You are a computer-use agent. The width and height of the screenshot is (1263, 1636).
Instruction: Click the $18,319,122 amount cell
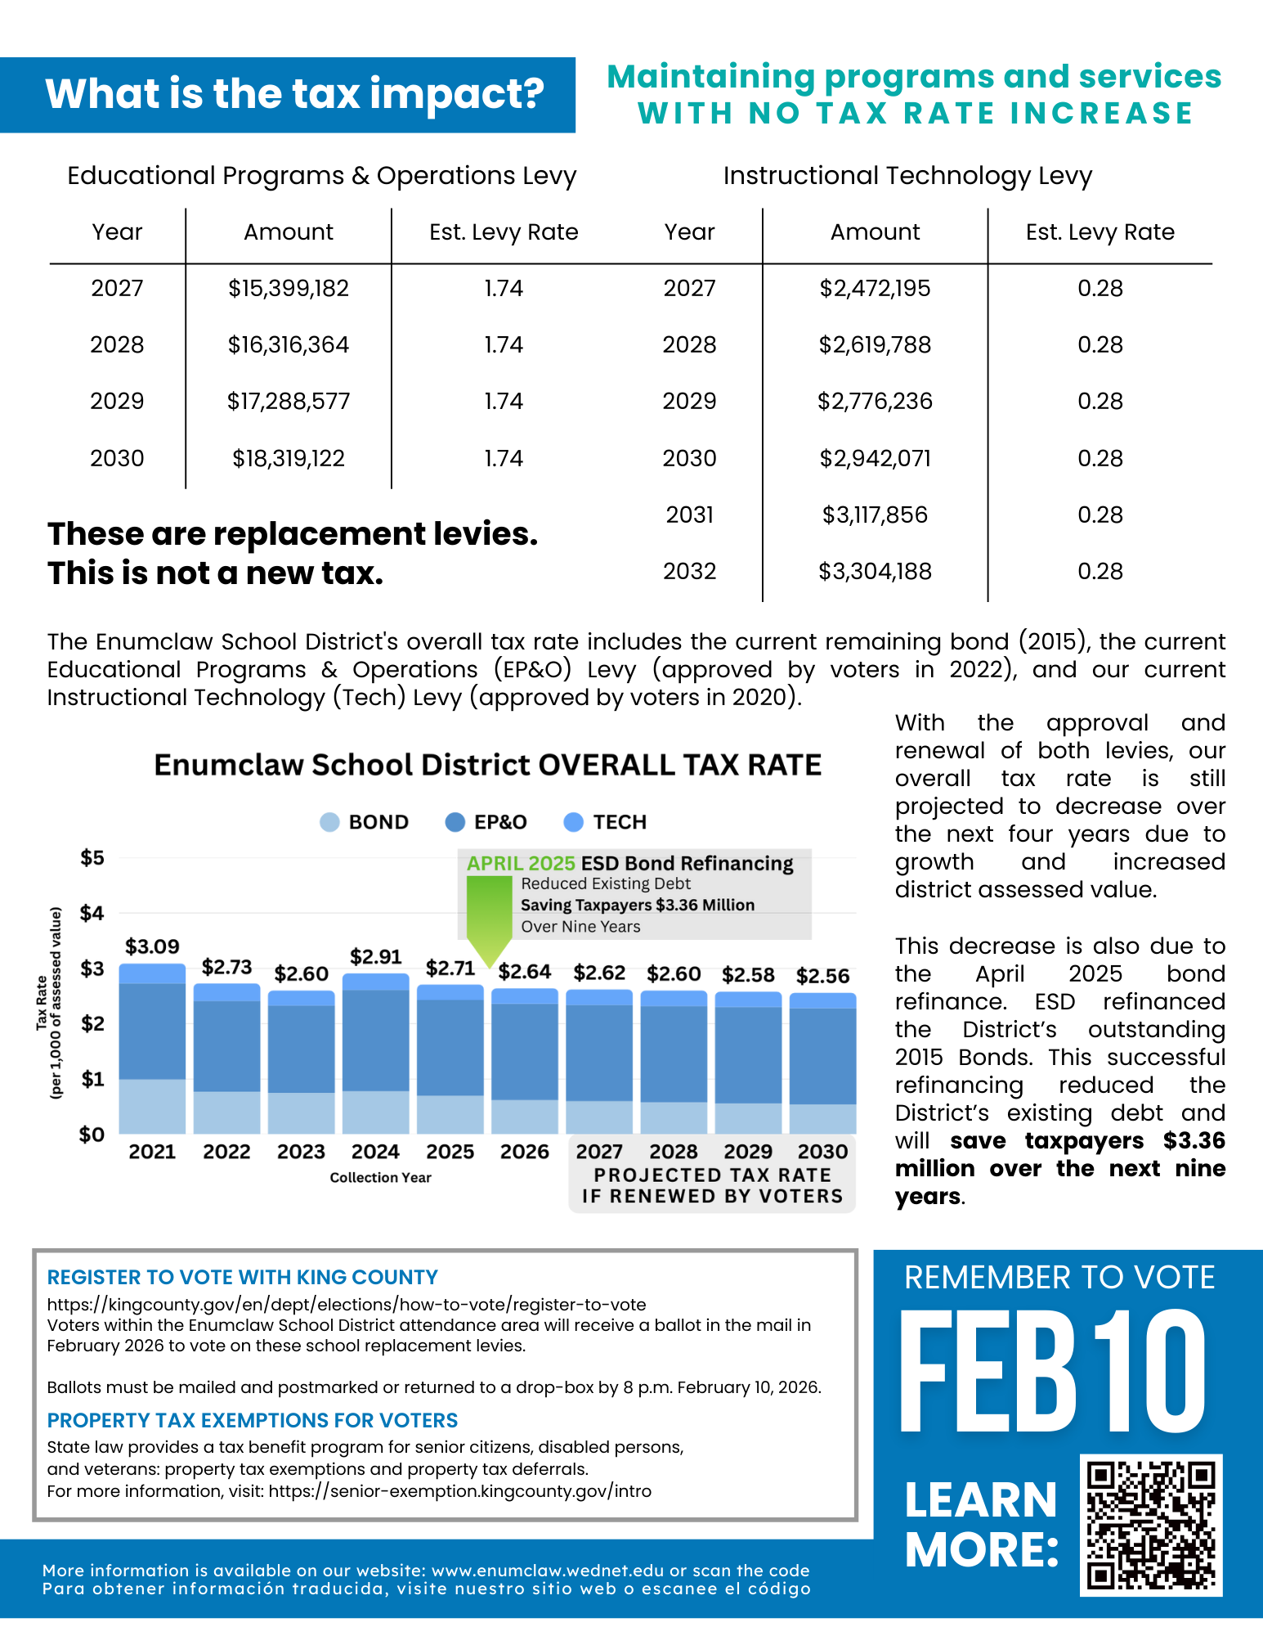pos(289,458)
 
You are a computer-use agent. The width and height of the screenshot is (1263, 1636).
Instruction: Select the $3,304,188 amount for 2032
pos(875,571)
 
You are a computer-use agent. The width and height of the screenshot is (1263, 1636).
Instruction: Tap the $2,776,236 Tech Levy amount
pos(875,401)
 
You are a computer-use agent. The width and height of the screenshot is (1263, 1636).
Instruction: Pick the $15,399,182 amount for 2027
pos(289,288)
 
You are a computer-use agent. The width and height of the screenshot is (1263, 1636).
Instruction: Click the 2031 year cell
pos(689,515)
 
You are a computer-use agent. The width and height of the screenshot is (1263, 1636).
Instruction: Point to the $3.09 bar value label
pos(152,946)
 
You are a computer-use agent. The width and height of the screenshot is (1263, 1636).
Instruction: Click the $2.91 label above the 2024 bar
pos(375,956)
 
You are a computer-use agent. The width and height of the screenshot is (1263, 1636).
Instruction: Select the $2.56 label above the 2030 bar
pos(822,976)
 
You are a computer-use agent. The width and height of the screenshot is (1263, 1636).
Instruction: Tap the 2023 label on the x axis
pos(301,1152)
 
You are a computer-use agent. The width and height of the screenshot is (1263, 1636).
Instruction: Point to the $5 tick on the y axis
pos(92,857)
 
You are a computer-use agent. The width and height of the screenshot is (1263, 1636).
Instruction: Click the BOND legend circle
pos(329,822)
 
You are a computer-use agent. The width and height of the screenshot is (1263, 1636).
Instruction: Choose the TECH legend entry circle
pos(574,822)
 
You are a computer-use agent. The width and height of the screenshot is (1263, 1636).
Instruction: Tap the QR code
pos(1151,1525)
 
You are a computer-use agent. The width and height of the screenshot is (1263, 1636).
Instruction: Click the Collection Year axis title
pos(380,1177)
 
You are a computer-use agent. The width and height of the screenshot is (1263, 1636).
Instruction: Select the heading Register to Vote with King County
pos(242,1277)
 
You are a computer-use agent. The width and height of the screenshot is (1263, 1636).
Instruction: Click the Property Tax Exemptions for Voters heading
pos(252,1420)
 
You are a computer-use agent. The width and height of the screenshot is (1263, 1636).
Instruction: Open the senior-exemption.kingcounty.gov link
pos(459,1491)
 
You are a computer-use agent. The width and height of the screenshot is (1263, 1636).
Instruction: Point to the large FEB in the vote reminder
pos(988,1373)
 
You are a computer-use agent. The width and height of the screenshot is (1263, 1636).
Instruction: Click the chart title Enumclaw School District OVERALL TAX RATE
pos(488,765)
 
